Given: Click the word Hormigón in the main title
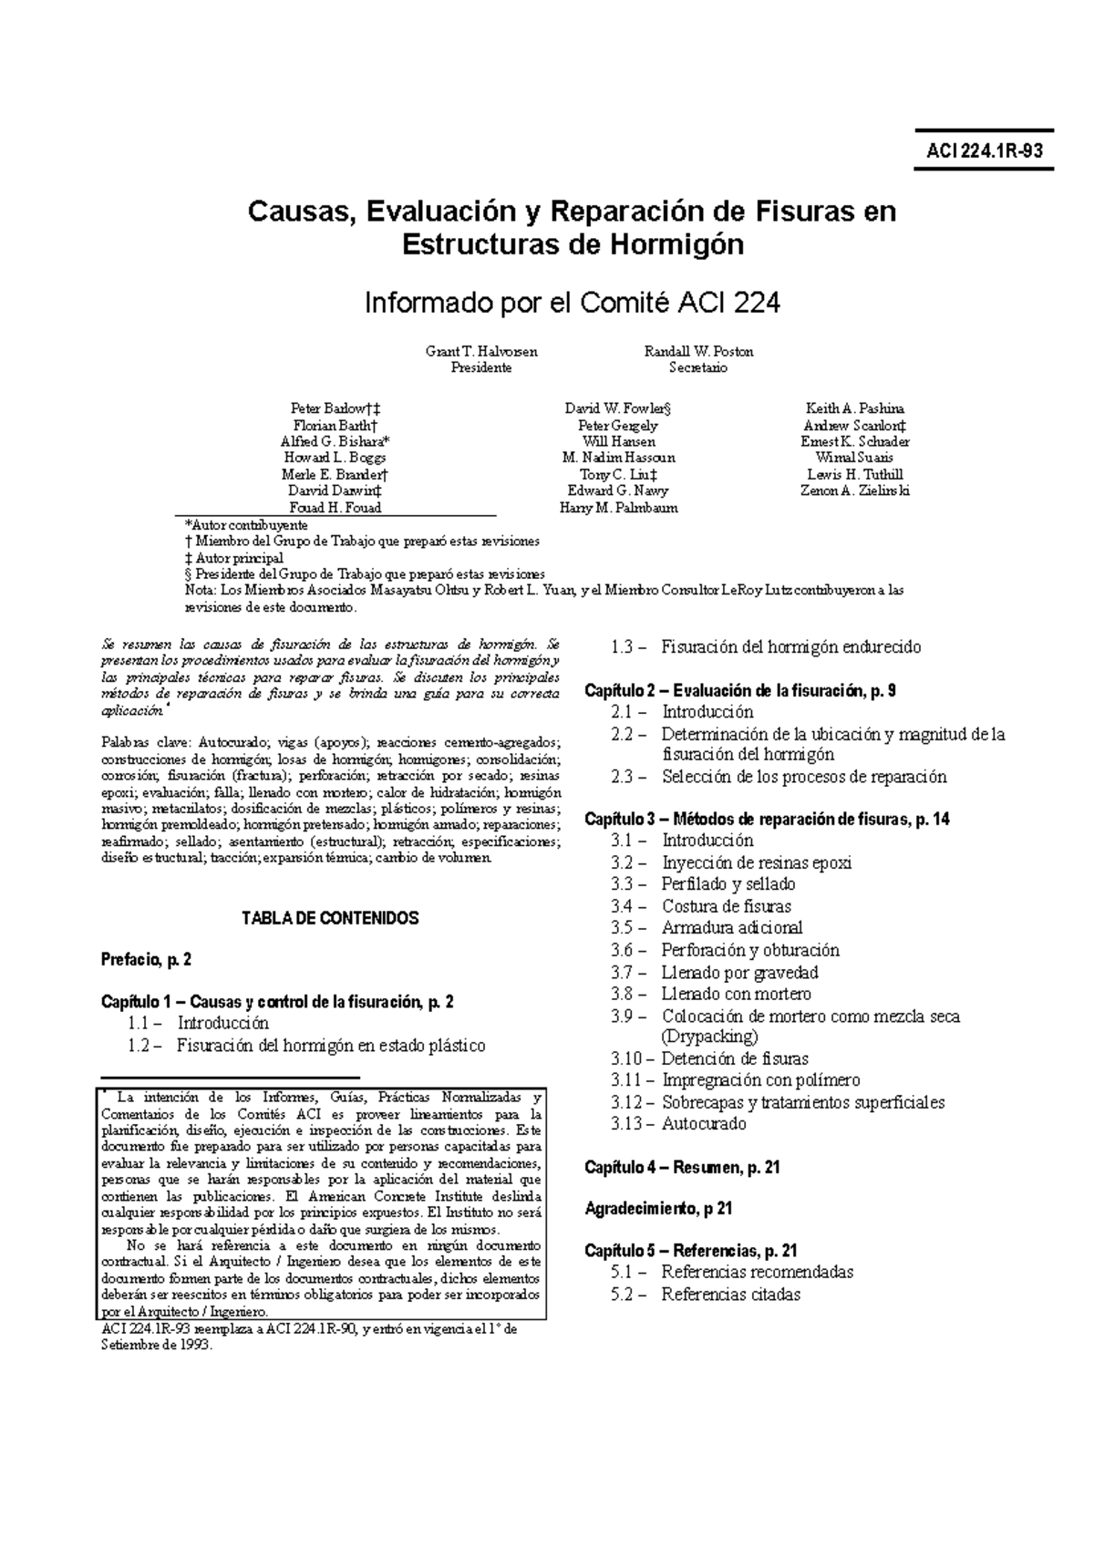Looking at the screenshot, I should point(671,244).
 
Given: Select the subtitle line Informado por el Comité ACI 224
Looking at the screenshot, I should point(572,303).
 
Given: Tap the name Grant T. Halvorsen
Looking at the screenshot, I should point(481,351).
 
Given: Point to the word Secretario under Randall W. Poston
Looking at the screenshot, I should point(697,367).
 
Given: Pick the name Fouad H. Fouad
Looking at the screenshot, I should point(335,508).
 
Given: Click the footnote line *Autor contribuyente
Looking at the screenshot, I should point(245,525).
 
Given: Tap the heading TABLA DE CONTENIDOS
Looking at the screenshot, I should point(330,918).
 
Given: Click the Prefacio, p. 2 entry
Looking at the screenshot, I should point(146,959).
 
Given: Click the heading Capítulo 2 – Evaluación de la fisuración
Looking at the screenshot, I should point(739,691).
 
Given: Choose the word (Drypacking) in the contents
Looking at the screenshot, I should point(709,1037).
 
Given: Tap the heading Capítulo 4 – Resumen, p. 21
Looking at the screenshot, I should point(681,1168).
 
